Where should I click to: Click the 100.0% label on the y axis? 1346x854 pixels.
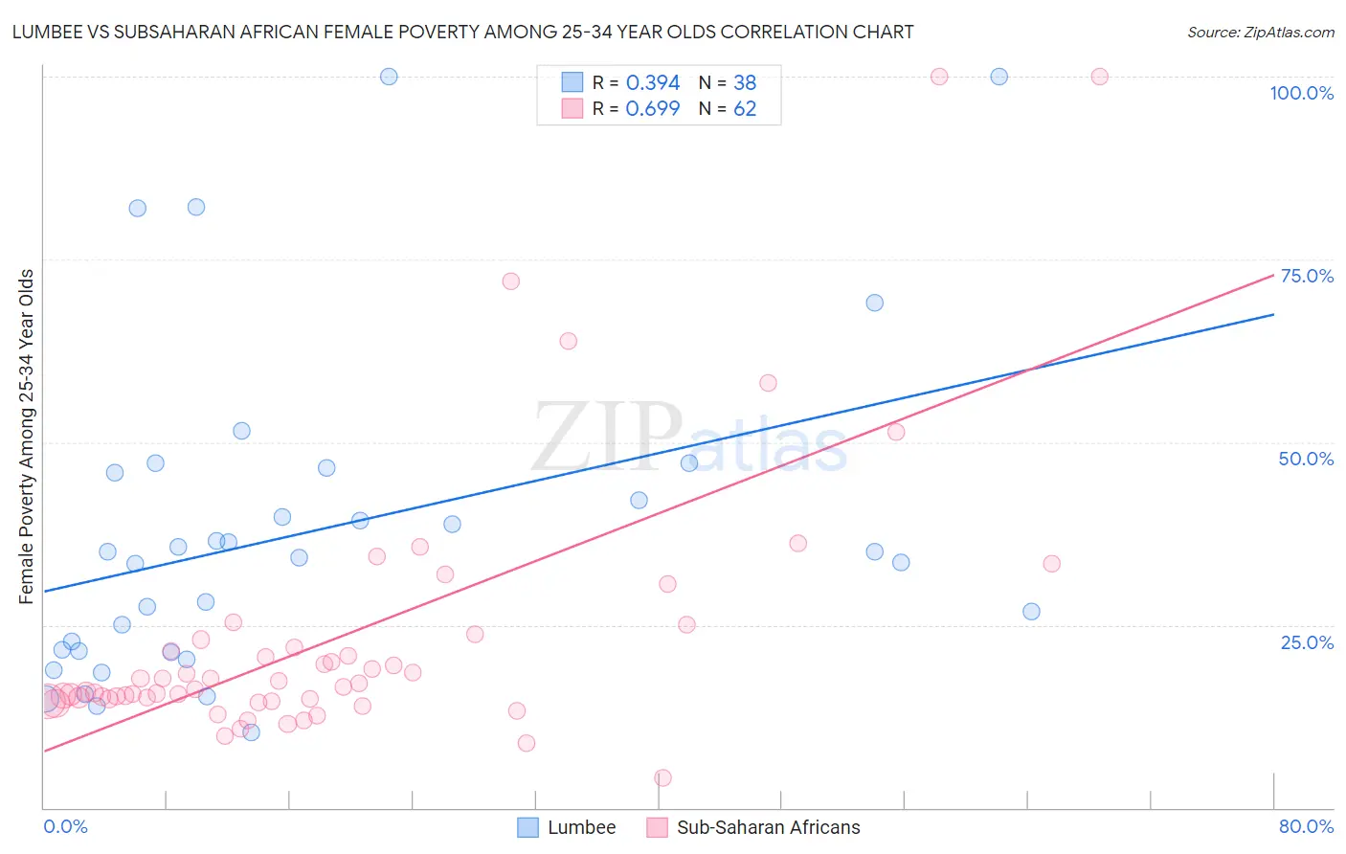point(1301,93)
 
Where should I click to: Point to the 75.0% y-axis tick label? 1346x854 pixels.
point(1307,276)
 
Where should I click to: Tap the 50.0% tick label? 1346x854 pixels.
point(1306,459)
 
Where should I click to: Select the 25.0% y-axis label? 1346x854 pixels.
point(1307,642)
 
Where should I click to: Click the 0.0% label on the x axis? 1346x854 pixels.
point(65,826)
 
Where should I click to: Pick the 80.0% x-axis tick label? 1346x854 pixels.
point(1306,826)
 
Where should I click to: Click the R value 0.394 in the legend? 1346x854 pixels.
point(653,83)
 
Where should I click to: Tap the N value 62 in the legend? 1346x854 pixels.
point(745,109)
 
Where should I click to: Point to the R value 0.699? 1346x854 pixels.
point(653,109)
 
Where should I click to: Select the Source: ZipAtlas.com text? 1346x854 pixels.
point(1260,32)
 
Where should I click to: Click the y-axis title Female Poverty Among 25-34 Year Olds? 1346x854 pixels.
point(27,437)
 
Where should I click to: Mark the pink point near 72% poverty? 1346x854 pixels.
point(511,281)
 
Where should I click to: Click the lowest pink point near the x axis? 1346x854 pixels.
point(662,778)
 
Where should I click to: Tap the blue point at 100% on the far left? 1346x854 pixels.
point(389,77)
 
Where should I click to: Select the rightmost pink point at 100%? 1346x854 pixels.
point(1099,77)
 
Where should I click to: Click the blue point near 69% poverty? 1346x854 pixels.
point(874,303)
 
